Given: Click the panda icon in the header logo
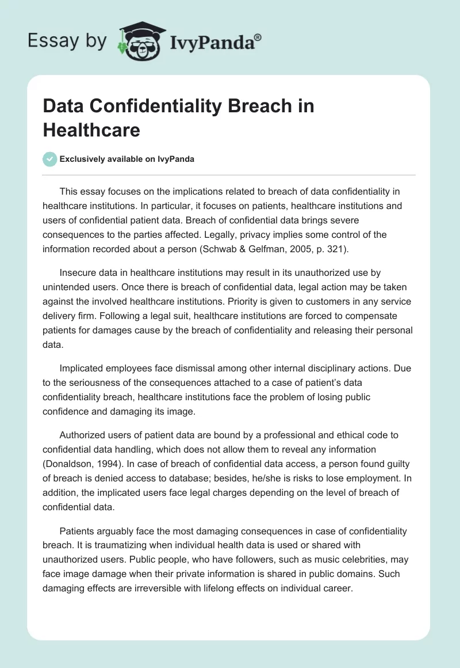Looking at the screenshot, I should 139,42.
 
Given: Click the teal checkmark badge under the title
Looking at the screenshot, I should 50,159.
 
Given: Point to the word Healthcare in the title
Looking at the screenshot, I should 91,130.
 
